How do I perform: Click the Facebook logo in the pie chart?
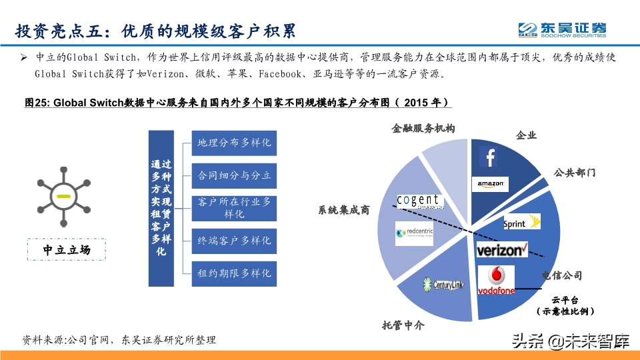(489, 157)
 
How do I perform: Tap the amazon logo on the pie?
(491, 184)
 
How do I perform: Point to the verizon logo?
(502, 250)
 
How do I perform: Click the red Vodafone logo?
(496, 280)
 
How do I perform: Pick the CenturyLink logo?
(443, 284)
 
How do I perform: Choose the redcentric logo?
(415, 233)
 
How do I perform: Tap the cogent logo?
(420, 201)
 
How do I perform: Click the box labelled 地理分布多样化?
(234, 143)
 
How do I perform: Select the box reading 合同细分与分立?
(234, 176)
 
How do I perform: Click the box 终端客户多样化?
(234, 241)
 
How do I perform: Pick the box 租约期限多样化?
(234, 273)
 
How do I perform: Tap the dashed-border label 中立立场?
(66, 250)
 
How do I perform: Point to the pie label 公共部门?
(575, 173)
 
